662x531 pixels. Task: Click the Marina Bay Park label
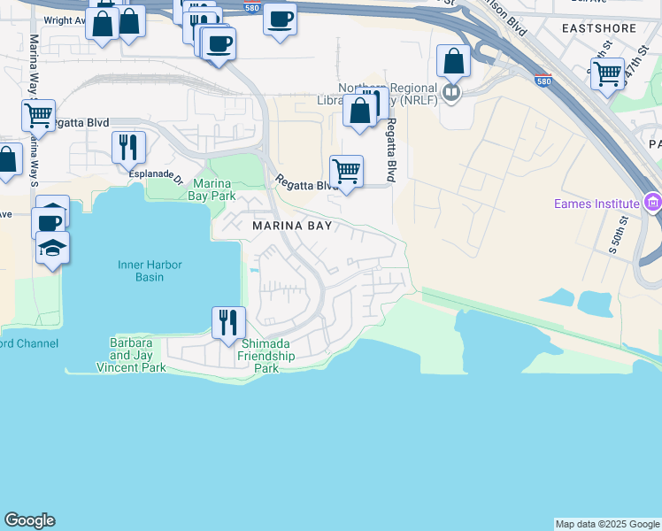(x=210, y=189)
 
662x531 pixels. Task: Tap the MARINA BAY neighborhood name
(x=292, y=227)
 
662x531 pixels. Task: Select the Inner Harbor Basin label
(x=142, y=270)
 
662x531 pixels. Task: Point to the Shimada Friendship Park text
(x=266, y=356)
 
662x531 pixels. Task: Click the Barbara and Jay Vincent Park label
(x=130, y=355)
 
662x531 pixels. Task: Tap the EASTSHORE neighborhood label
(x=598, y=28)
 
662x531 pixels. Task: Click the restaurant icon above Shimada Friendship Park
(x=228, y=322)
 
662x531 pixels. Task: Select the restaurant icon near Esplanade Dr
(x=129, y=147)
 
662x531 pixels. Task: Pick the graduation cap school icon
(x=52, y=248)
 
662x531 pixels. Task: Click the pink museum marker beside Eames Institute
(x=653, y=204)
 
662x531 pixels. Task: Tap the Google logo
(x=29, y=520)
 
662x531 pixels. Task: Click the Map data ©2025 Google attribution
(x=607, y=524)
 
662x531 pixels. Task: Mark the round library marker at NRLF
(x=452, y=91)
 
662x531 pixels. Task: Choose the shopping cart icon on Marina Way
(x=38, y=115)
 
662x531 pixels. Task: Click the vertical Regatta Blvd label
(x=389, y=150)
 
